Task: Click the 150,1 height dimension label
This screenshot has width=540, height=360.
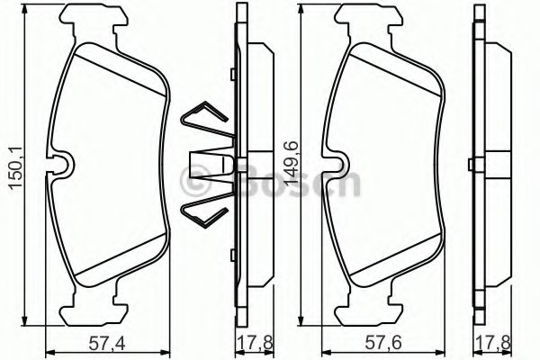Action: [13, 166]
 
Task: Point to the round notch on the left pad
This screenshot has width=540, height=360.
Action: [63, 164]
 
